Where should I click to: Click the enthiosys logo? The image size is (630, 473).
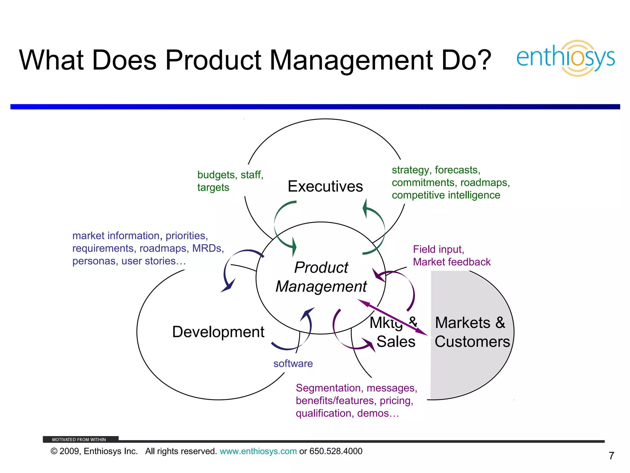click(x=565, y=58)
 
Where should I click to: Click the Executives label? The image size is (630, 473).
click(x=325, y=186)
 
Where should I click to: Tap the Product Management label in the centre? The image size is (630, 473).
click(x=321, y=277)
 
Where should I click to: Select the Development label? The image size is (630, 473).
click(x=218, y=332)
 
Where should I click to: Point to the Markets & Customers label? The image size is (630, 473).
click(x=472, y=332)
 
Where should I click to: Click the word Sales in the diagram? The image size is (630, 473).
click(x=396, y=342)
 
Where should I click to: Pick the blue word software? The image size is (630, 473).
click(x=293, y=364)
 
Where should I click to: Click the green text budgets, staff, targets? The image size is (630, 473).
click(x=230, y=181)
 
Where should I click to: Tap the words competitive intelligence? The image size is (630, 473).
click(x=446, y=195)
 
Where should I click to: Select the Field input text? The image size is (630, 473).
click(x=438, y=249)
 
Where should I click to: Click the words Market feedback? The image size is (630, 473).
click(x=452, y=262)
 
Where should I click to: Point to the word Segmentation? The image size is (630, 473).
click(x=328, y=388)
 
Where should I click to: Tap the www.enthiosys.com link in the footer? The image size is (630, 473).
click(x=258, y=451)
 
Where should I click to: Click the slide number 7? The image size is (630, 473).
click(x=611, y=456)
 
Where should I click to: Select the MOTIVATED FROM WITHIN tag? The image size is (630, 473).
click(x=79, y=439)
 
